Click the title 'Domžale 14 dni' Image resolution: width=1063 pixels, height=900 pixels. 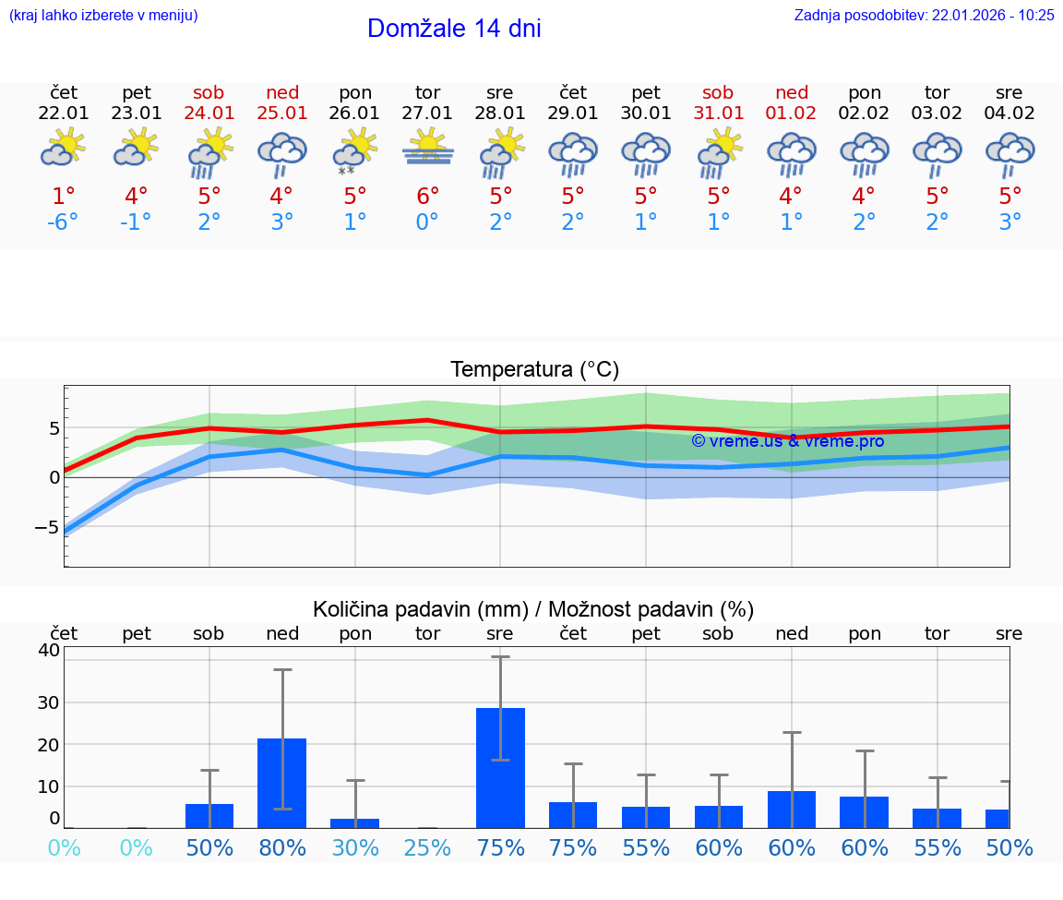(454, 29)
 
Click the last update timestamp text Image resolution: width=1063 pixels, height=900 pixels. (924, 16)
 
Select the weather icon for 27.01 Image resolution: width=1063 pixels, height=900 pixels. (427, 149)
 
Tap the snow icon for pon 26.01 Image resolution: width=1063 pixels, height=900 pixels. (347, 172)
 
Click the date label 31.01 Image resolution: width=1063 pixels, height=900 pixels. (718, 113)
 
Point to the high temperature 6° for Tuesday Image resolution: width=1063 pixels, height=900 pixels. (427, 197)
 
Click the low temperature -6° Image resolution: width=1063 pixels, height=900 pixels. (64, 222)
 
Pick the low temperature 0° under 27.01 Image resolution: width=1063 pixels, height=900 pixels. (427, 222)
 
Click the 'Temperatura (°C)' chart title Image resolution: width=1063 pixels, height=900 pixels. (534, 370)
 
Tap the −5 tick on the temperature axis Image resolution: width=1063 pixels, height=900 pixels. (46, 527)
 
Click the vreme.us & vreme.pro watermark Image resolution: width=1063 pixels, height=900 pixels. (787, 441)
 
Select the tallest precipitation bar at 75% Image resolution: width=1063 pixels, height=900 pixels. (500, 767)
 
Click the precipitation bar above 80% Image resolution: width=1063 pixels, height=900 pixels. (281, 783)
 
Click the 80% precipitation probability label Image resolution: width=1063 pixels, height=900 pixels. (281, 847)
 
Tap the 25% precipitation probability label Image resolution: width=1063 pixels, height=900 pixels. (427, 847)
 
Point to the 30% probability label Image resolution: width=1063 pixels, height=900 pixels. (354, 847)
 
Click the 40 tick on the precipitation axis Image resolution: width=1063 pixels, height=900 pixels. (49, 650)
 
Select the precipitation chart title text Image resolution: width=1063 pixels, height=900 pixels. (533, 609)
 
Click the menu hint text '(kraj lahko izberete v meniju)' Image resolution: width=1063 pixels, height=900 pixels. (103, 16)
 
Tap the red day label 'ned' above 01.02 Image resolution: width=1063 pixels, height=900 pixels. (792, 92)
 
